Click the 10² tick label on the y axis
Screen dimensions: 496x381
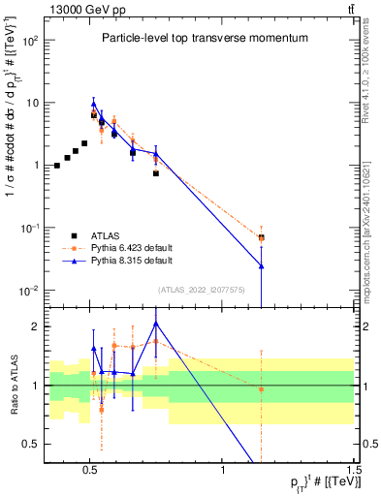click(x=31, y=41)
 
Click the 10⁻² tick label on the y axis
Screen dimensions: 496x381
click(x=31, y=291)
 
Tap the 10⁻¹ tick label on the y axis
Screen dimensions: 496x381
click(x=31, y=228)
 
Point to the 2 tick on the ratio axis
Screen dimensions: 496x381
click(x=36, y=327)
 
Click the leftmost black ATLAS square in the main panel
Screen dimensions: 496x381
click(x=57, y=166)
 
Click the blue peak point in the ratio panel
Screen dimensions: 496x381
click(x=155, y=324)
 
